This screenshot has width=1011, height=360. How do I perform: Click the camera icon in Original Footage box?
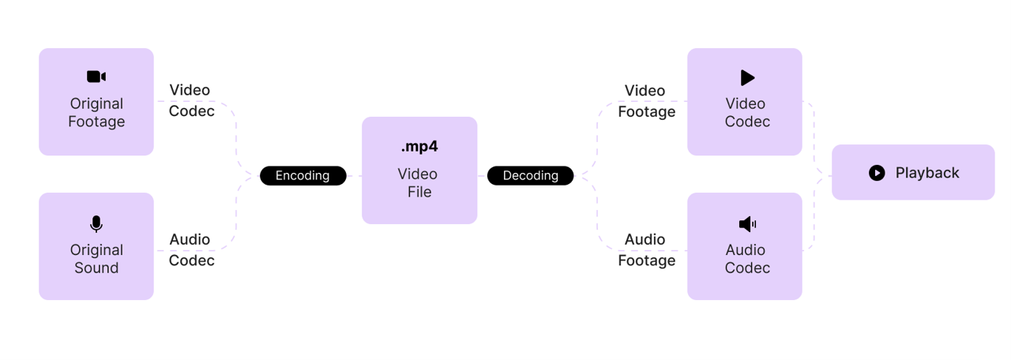[96, 77]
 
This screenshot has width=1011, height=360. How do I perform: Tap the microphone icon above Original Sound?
[96, 224]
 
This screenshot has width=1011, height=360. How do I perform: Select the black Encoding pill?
[303, 175]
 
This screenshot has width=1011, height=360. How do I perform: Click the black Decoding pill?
[530, 175]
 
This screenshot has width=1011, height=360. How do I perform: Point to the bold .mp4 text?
[419, 147]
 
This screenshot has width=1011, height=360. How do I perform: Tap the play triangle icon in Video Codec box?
[747, 77]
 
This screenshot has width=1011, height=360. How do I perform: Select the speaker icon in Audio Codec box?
[747, 224]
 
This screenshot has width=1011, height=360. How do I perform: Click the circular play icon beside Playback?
[877, 173]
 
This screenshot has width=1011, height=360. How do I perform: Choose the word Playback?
[927, 173]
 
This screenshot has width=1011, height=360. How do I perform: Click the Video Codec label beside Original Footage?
[191, 100]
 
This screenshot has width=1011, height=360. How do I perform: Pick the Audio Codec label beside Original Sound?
[191, 249]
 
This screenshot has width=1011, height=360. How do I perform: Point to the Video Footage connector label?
[646, 101]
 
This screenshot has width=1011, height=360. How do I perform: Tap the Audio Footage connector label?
[646, 249]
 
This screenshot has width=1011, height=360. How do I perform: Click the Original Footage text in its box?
[96, 113]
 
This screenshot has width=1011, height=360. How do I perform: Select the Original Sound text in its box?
[96, 259]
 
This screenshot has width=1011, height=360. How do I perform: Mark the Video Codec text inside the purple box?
[746, 113]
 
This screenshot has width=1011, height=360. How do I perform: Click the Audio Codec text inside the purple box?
[746, 259]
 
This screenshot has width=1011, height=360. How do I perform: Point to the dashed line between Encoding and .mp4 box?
[354, 176]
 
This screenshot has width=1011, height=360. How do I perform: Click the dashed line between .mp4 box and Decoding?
[482, 176]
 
